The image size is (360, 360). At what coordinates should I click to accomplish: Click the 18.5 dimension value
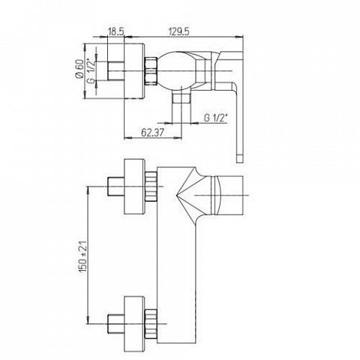(115, 31)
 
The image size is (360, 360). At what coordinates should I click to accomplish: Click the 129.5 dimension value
(179, 31)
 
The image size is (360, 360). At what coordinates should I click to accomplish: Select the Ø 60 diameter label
(79, 69)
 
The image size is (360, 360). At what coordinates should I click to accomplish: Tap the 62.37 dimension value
(152, 132)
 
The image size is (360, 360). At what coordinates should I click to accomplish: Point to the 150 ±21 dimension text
(83, 256)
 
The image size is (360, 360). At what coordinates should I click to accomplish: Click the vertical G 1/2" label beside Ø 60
(91, 71)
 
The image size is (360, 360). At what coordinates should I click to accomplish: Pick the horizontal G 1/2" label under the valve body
(216, 118)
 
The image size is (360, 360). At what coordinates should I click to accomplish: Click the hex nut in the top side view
(151, 72)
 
